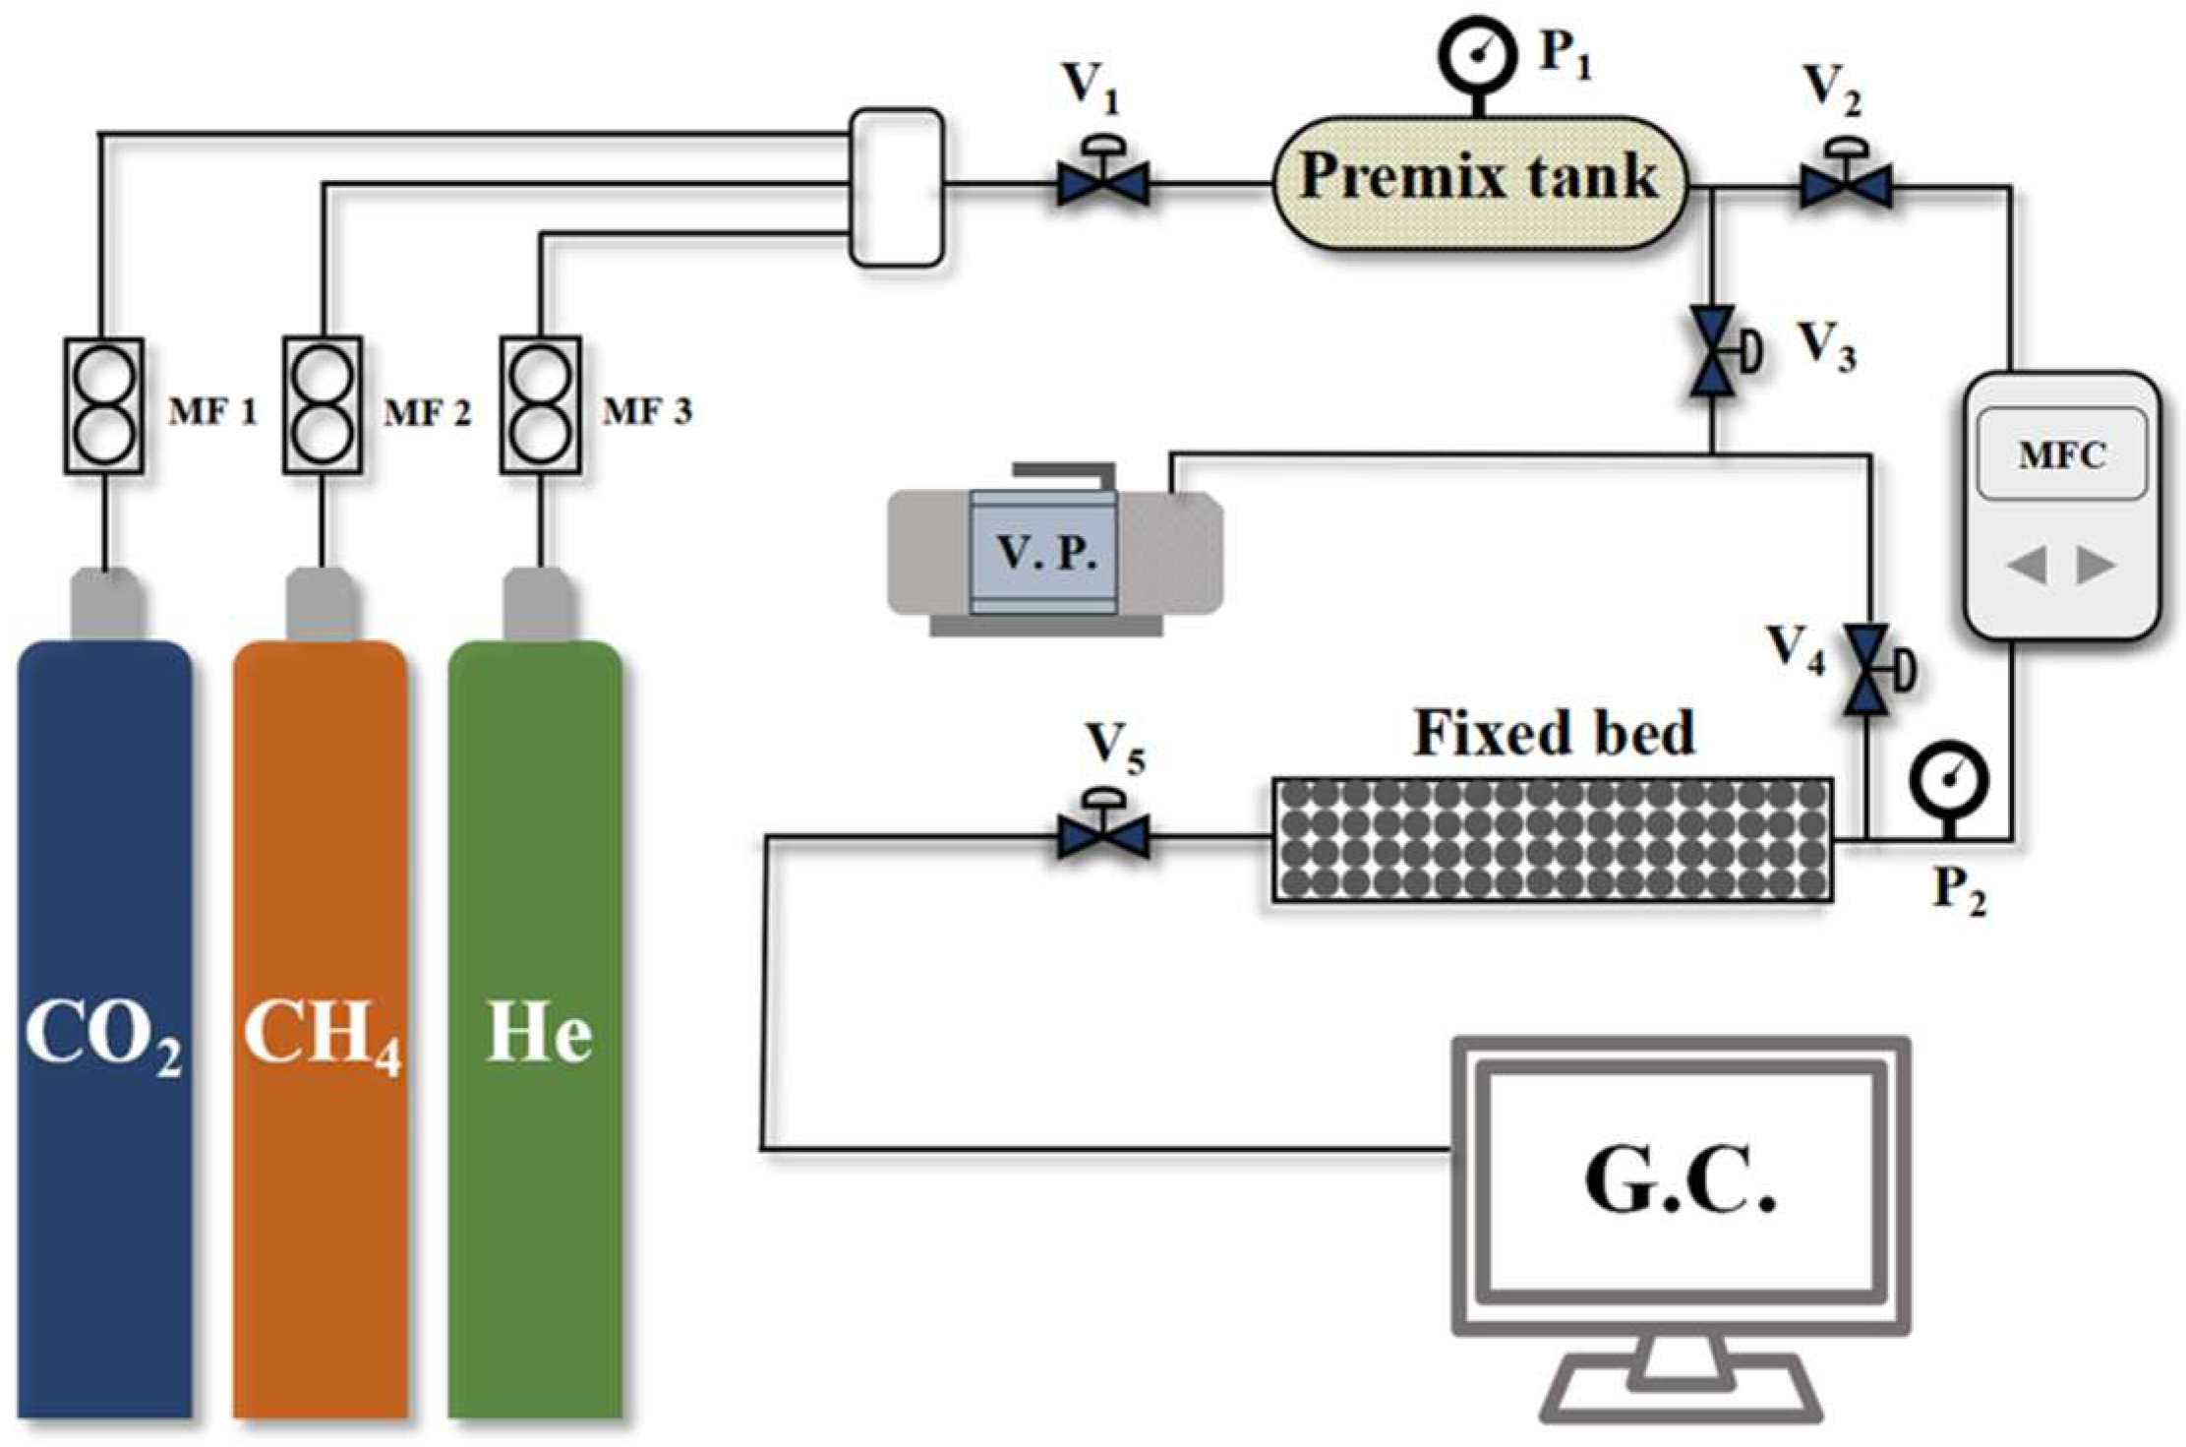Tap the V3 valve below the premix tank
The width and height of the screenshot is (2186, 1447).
[1713, 352]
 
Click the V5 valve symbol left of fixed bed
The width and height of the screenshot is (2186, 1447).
[1102, 837]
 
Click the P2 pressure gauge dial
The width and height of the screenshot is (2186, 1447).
[1948, 781]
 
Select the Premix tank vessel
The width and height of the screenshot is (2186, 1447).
[1479, 183]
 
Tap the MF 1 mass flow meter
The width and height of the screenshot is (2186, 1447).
[104, 405]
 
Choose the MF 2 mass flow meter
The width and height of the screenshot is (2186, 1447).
[323, 405]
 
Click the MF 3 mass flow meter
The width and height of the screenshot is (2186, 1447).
[540, 405]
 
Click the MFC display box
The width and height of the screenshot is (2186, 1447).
[2060, 454]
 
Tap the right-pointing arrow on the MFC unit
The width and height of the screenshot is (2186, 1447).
[2095, 566]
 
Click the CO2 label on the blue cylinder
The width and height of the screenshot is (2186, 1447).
[103, 1036]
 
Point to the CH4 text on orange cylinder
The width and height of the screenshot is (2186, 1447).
[322, 1036]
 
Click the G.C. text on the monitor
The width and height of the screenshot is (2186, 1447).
[1680, 1183]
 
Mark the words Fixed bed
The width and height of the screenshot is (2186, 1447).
[1554, 733]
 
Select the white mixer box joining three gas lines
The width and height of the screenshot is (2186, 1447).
[896, 187]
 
